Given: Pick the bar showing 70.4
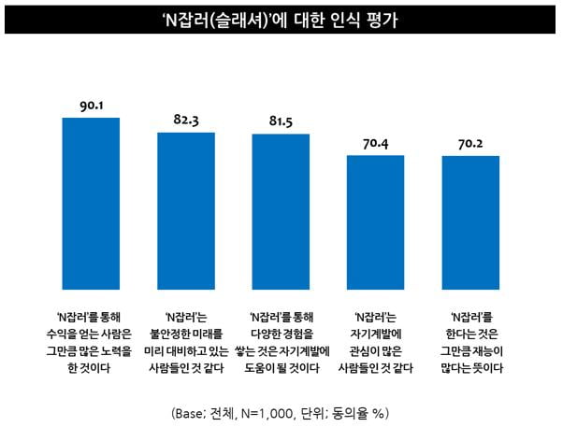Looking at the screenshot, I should click(x=376, y=224).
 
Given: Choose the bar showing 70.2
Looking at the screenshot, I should click(x=470, y=224).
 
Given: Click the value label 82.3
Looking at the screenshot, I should click(x=185, y=121).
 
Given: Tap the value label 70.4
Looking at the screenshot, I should click(x=376, y=144).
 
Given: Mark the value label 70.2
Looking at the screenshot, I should click(x=470, y=144).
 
